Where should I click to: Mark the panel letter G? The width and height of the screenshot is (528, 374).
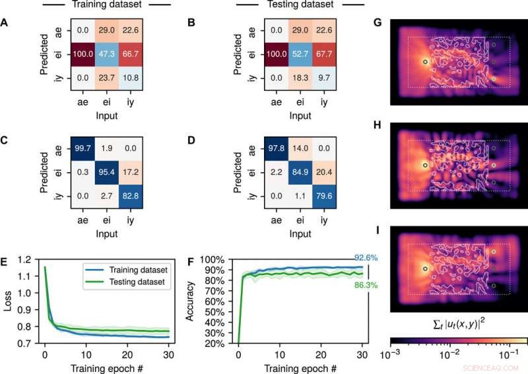(x=378, y=22)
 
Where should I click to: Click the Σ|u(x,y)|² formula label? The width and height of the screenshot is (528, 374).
(x=458, y=321)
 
